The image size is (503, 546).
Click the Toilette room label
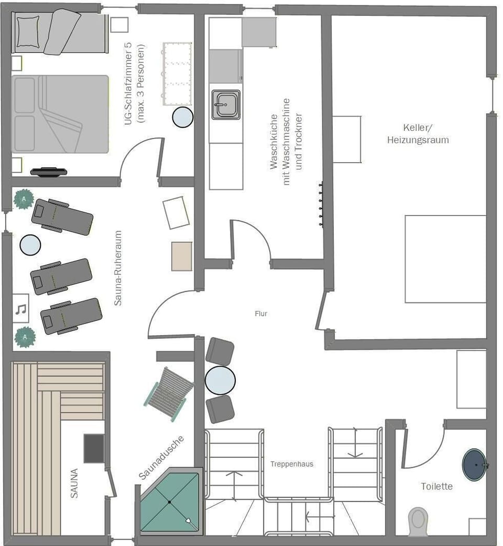tap(436, 486)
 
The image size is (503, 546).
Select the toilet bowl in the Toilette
tap(418, 520)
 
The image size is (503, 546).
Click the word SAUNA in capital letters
tap(74, 483)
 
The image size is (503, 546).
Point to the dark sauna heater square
tap(94, 448)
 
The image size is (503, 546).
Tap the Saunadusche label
tap(161, 457)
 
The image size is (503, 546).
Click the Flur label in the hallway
tap(260, 314)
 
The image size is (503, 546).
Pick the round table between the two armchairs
tap(220, 380)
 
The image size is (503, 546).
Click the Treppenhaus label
tap(292, 464)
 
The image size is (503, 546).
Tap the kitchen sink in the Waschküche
tap(226, 104)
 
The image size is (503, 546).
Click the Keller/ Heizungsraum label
tap(418, 134)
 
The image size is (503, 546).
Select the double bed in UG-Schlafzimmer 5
tap(60, 114)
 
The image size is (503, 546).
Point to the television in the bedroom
tap(49, 171)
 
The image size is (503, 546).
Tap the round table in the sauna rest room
tap(30, 245)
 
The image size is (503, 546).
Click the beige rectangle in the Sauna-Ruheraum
tap(182, 256)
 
